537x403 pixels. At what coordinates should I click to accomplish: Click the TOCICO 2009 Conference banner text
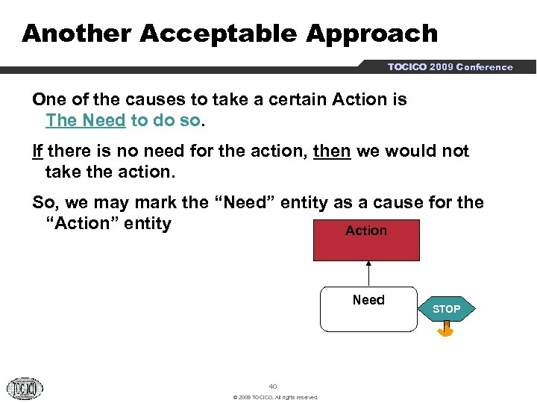(x=450, y=67)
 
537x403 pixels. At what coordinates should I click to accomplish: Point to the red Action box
(x=366, y=240)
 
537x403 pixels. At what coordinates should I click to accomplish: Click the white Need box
(x=368, y=309)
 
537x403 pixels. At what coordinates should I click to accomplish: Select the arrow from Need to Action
(x=368, y=273)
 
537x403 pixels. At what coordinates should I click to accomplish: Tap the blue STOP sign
(x=447, y=309)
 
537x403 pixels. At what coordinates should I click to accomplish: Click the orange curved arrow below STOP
(x=446, y=330)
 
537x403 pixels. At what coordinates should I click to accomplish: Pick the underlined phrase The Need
(x=85, y=120)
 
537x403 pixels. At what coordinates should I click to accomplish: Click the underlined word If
(x=37, y=151)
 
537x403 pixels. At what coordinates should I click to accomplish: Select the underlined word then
(x=332, y=151)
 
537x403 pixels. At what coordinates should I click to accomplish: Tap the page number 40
(x=272, y=387)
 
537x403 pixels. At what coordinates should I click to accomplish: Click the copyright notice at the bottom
(x=275, y=397)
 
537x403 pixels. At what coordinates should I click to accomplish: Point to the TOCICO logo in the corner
(x=25, y=387)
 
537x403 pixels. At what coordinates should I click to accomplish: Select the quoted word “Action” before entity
(x=83, y=224)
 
